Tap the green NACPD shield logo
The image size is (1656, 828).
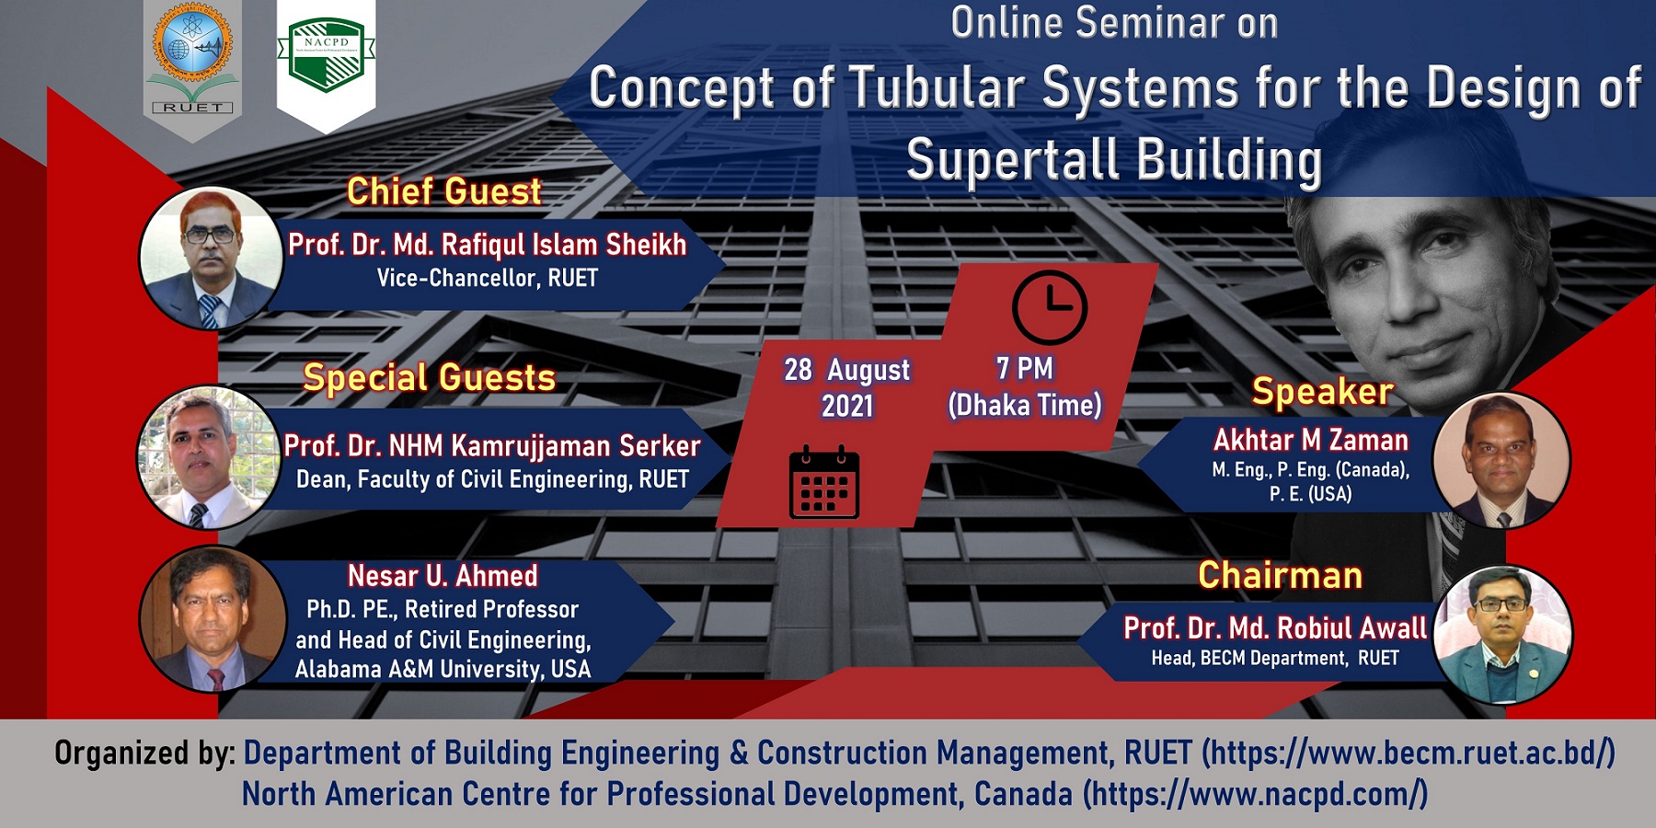coord(327,55)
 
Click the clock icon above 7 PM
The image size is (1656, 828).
coord(1049,307)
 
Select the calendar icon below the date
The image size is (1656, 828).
coord(824,482)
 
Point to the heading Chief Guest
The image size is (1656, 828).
coord(443,191)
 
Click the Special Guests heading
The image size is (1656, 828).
coord(430,377)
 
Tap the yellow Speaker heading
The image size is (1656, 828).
coord(1322,392)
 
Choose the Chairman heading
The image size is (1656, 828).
coord(1280,575)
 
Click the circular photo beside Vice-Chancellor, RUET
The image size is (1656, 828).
coord(211,258)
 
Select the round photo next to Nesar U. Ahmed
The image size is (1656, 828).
coord(213,619)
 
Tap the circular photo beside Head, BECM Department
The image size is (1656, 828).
coord(1502,635)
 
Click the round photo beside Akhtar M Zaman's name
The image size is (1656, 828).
coord(1501,460)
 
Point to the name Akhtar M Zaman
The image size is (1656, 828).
coord(1310,440)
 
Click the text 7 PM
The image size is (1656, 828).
coord(1024,368)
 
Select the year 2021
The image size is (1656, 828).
coord(846,406)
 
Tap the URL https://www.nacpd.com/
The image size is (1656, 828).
coord(1255,793)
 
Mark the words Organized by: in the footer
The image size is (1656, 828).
coord(145,753)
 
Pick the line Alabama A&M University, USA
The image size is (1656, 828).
coord(443,669)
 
